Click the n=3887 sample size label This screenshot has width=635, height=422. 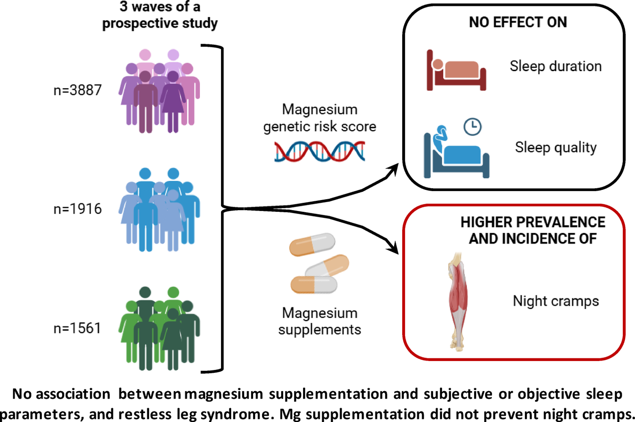[77, 90]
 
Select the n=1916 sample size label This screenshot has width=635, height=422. [77, 209]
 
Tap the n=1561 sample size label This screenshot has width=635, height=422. [77, 328]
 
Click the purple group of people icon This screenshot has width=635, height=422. [159, 91]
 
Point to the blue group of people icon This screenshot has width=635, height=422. [159, 210]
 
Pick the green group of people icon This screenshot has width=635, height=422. [159, 328]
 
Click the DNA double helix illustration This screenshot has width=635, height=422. [320, 151]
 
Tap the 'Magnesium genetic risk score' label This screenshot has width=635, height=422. [320, 118]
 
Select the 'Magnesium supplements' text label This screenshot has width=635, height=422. [320, 321]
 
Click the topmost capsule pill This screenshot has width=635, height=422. [312, 244]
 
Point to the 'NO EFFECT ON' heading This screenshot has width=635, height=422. [518, 22]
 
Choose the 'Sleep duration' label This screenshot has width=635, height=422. [555, 67]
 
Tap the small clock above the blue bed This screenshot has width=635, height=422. [472, 127]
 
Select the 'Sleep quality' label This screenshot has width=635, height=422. [555, 147]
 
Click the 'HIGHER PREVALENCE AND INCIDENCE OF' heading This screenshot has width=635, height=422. [533, 230]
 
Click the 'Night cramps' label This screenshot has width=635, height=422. [556, 301]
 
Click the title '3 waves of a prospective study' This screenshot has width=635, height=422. [160, 15]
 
